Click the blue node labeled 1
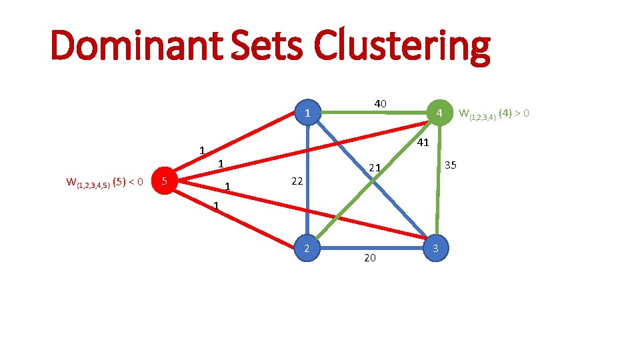[x=307, y=114]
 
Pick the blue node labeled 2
[x=307, y=249]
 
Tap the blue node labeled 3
[x=435, y=249]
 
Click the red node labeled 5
[x=165, y=180]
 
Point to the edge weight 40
[x=380, y=104]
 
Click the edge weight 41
[x=422, y=143]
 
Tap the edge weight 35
[x=451, y=165]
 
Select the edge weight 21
[x=375, y=168]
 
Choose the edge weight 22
[x=297, y=181]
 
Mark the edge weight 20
[x=370, y=257]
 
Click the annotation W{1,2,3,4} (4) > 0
[x=495, y=114]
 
